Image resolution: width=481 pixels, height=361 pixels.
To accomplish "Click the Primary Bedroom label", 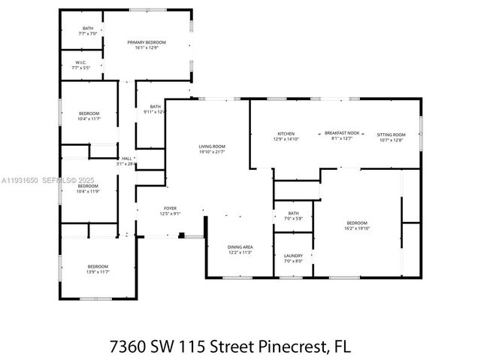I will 147,43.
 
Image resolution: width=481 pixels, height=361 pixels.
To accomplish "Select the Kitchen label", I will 286,134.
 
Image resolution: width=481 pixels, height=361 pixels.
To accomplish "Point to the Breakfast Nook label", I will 342,134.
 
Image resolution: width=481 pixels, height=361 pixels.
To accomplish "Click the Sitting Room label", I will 392,134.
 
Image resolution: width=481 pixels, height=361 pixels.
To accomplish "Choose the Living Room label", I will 212,147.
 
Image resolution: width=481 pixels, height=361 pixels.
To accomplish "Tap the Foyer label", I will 171,208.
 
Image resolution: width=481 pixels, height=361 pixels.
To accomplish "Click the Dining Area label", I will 240,247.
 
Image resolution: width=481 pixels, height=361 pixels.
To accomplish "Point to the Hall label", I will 127,159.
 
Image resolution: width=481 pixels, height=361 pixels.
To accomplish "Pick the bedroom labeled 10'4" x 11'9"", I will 89,191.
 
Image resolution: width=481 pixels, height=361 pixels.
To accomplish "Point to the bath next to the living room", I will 155,109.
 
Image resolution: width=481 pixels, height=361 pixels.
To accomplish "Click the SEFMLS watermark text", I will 60,180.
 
